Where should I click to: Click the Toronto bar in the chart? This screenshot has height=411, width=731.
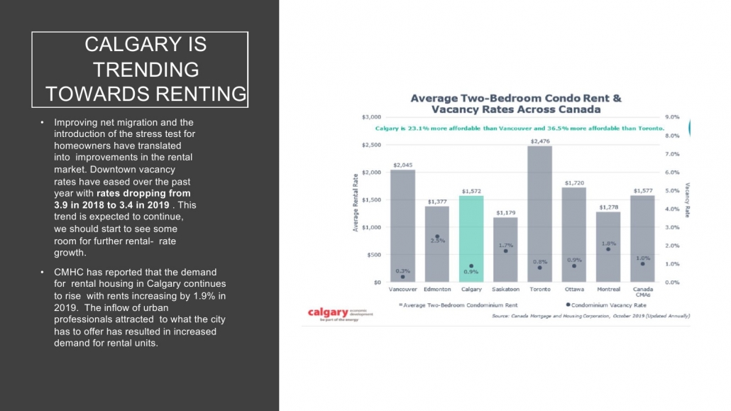[x=540, y=213]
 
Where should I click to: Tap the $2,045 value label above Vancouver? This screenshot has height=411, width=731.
[x=402, y=165]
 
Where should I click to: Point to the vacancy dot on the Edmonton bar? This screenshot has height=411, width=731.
[x=437, y=236]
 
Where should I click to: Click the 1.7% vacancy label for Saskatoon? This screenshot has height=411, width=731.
[x=505, y=244]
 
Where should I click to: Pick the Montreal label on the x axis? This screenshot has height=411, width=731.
[x=609, y=290]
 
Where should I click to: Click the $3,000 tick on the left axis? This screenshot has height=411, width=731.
[x=373, y=116]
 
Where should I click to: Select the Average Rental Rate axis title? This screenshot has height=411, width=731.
[x=356, y=203]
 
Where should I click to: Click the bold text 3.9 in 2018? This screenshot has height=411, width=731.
[x=80, y=204]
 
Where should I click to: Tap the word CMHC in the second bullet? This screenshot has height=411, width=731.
[x=70, y=272]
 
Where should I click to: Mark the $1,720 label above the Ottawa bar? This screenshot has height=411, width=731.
[x=574, y=182]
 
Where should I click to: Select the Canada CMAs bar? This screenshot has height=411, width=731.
[x=643, y=238]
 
